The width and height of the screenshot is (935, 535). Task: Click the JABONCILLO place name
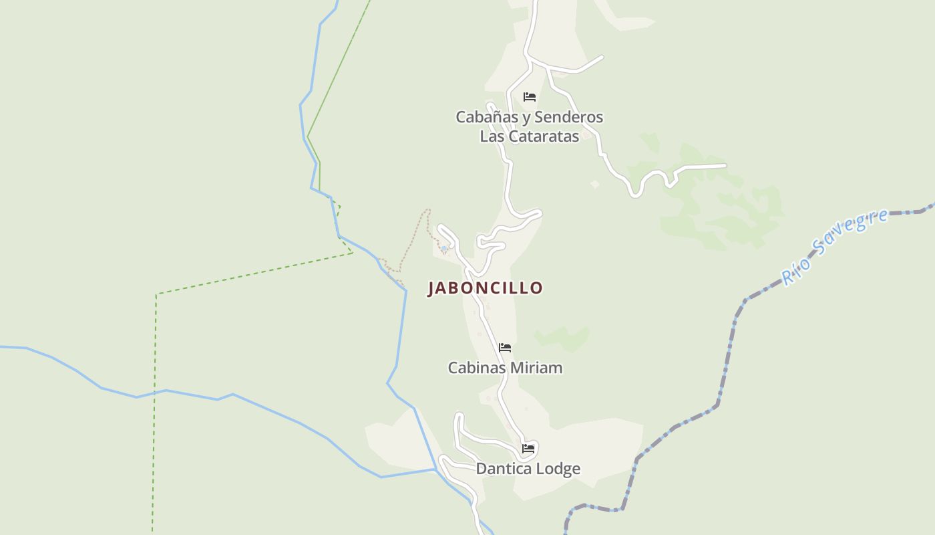point(485,288)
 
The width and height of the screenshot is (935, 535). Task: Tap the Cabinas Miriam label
point(505,368)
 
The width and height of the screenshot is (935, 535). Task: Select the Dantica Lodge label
point(528,469)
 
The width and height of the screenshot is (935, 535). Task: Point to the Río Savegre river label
point(835,246)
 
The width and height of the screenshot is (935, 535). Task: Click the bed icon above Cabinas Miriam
point(505,348)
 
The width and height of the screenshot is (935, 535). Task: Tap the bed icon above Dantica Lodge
point(529,448)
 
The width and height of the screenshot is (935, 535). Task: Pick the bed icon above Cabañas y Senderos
point(530,97)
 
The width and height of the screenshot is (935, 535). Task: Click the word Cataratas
point(544,136)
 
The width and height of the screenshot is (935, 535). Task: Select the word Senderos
point(568,117)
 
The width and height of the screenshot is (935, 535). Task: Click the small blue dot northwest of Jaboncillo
point(444,249)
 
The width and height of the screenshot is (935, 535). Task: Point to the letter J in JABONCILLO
point(432,288)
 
